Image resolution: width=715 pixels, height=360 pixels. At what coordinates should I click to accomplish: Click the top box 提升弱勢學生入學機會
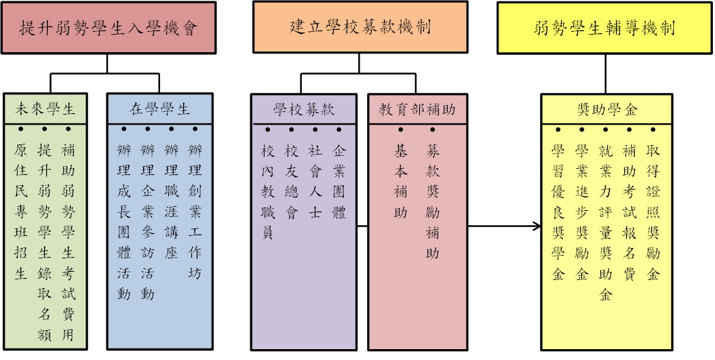[x=109, y=28]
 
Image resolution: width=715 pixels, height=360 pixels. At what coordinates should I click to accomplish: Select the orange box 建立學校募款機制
[x=360, y=27]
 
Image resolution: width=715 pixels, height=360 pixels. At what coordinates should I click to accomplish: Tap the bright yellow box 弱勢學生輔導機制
[x=604, y=28]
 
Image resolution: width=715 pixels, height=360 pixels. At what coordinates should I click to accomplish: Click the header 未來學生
[x=45, y=109]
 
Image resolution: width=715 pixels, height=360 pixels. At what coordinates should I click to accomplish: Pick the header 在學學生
[x=159, y=109]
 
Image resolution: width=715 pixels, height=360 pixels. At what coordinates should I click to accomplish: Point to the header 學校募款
[x=304, y=109]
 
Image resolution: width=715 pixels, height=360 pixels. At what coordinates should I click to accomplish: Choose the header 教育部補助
[x=417, y=109]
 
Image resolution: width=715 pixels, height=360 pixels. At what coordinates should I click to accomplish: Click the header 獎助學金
[x=607, y=109]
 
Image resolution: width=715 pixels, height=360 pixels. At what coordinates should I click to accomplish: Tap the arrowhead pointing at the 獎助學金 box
[x=537, y=226]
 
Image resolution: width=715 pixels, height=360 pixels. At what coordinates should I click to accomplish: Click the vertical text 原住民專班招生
[x=20, y=212]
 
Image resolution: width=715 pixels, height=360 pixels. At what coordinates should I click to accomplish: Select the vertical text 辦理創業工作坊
[x=195, y=212]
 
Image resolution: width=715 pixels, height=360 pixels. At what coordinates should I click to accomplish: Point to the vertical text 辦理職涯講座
[x=171, y=201]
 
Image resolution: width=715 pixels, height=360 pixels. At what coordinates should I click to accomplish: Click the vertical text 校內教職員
[x=268, y=191]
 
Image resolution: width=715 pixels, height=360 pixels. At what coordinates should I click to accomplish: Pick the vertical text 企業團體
[x=339, y=181]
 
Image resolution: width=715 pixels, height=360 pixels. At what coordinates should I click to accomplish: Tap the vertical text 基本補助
[x=400, y=181]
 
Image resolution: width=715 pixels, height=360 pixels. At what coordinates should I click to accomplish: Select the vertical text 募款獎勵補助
[x=432, y=201]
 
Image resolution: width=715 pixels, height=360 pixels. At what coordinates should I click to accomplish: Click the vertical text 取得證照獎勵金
[x=653, y=212]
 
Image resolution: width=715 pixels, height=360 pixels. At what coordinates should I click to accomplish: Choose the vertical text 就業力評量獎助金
[x=606, y=222]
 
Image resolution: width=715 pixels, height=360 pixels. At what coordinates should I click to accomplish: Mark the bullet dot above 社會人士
[x=315, y=130]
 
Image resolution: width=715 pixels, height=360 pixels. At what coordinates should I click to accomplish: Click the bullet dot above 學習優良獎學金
[x=558, y=130]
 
